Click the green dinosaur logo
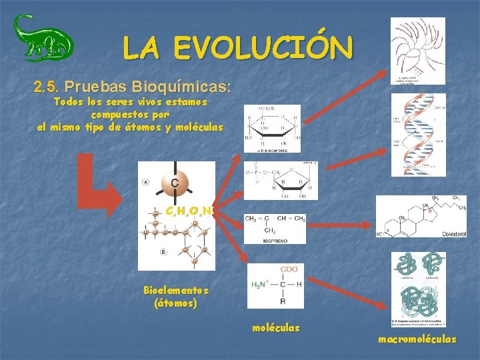tap(43, 38)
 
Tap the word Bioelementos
tap(175, 291)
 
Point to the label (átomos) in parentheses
tap(175, 303)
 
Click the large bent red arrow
tap(100, 183)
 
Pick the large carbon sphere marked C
tap(174, 183)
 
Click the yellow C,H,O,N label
tap(189, 211)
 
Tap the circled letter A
tap(145, 182)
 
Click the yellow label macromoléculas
tap(417, 339)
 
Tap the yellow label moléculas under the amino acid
tap(276, 327)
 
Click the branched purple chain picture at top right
tap(417, 50)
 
